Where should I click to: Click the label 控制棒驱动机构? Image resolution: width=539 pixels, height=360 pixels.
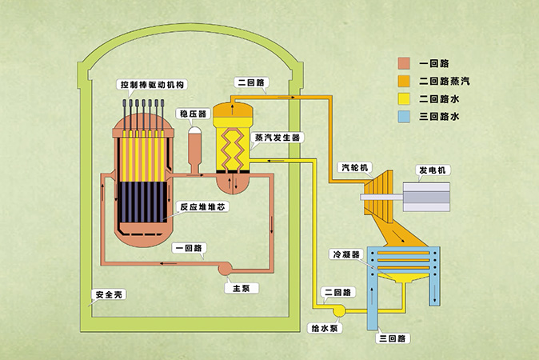(x=151, y=85)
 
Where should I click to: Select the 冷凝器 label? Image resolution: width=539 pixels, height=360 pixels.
(x=345, y=254)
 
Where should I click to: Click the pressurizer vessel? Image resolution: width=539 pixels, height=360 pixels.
(x=195, y=146)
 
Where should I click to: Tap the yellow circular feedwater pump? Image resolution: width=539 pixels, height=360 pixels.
(x=338, y=310)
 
